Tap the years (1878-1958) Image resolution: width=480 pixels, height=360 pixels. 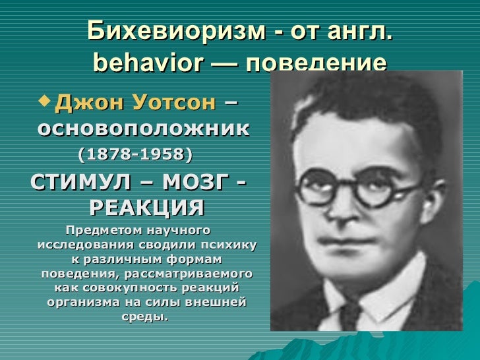135,155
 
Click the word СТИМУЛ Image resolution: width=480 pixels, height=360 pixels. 76,181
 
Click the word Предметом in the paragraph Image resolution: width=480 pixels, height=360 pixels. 99,231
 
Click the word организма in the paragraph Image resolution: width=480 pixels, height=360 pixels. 80,303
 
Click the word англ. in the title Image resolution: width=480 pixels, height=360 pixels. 357,31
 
